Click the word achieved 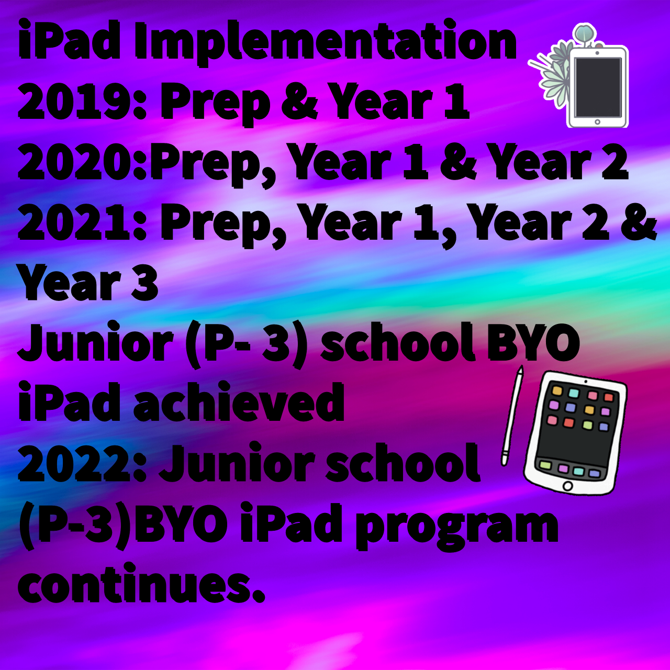(x=239, y=401)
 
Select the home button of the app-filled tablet (x=568, y=485)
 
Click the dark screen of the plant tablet (x=598, y=87)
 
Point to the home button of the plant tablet (x=597, y=122)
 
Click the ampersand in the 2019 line (x=299, y=102)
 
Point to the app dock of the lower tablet (x=572, y=467)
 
